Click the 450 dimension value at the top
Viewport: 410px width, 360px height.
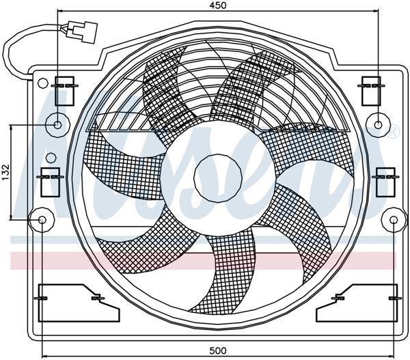pyautogui.click(x=217, y=5)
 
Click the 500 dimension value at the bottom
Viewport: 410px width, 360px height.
pyautogui.click(x=217, y=350)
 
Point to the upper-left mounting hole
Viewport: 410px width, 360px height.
pyautogui.click(x=58, y=125)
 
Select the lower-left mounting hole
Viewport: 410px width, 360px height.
pyautogui.click(x=42, y=220)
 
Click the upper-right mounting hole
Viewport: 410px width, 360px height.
pyautogui.click(x=377, y=125)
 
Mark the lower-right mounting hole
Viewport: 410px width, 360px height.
pyautogui.click(x=392, y=220)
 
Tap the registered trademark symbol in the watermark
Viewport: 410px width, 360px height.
pyautogui.click(x=393, y=132)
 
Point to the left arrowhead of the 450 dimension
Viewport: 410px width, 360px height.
pyautogui.click(x=61, y=12)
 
